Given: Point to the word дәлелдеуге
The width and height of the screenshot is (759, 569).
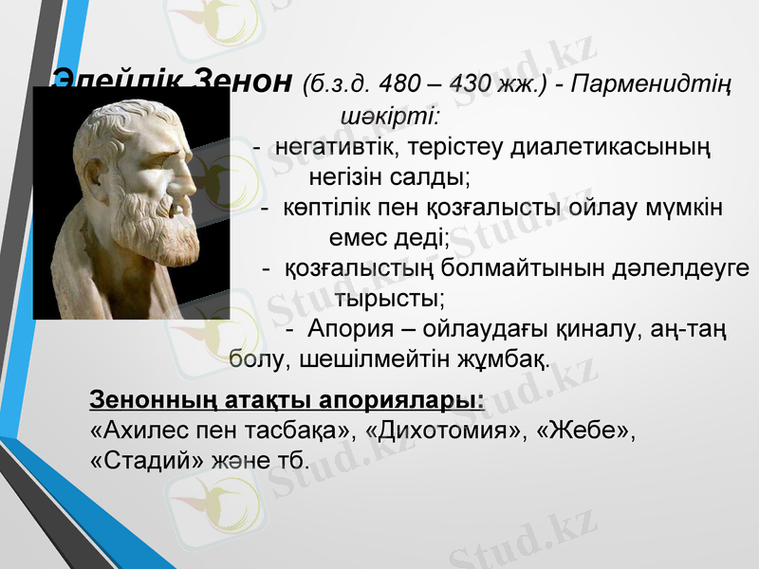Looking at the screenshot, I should tap(679, 268).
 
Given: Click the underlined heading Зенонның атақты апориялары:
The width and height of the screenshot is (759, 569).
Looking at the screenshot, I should tap(286, 399).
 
